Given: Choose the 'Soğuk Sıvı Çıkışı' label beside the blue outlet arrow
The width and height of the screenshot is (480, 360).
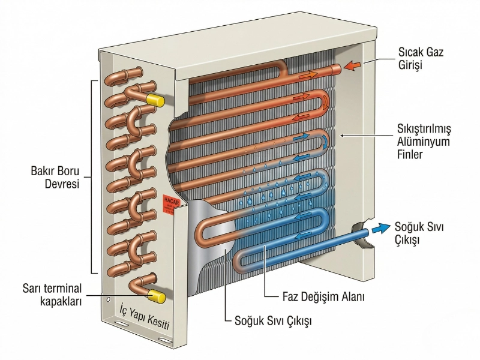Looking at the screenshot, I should pyautogui.click(x=415, y=233).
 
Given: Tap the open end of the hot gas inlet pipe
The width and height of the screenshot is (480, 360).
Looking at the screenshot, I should pyautogui.click(x=337, y=69).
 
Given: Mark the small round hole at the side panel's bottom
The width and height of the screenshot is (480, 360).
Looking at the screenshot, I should pyautogui.click(x=107, y=299).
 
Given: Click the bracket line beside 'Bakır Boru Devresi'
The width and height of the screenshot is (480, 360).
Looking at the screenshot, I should pyautogui.click(x=91, y=177).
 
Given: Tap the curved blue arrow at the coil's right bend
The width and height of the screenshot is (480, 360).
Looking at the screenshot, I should pyautogui.click(x=325, y=140).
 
